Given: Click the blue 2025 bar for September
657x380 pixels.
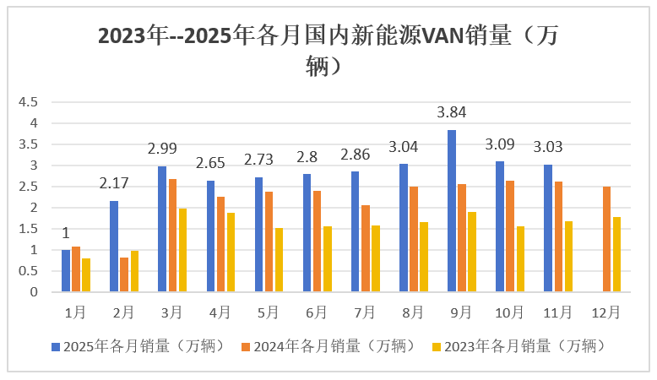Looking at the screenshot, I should tap(452, 211).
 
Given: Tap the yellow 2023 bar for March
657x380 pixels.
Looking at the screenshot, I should tap(182, 250).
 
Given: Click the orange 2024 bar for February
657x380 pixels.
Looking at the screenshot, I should tap(124, 274).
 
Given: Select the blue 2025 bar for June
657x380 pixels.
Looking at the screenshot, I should tap(307, 233).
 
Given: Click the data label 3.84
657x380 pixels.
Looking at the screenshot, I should tap(452, 112).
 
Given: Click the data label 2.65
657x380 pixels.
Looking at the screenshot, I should tap(210, 163).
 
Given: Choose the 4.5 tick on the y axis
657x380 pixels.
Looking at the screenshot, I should tap(29, 102).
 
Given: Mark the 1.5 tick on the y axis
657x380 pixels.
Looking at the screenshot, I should tap(29, 229).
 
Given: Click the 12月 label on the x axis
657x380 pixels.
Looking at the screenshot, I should tap(605, 312).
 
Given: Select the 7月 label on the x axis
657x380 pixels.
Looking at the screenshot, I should tap(364, 312).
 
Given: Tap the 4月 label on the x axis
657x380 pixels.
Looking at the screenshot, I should tap(220, 312).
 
